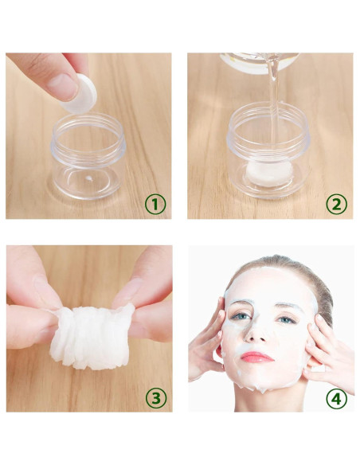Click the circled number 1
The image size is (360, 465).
156,205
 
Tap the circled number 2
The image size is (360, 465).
337,205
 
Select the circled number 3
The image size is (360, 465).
156,397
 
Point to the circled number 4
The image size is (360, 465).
337,397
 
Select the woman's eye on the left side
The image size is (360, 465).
239,317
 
